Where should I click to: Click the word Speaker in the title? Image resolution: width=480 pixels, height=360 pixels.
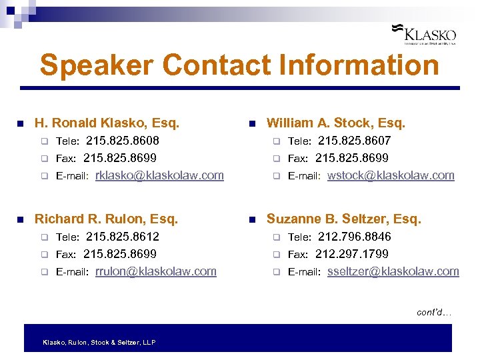click(x=96, y=66)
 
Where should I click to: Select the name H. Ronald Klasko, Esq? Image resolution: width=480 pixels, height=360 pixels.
click(x=107, y=123)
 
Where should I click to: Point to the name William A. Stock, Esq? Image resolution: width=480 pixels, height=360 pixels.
click(x=335, y=123)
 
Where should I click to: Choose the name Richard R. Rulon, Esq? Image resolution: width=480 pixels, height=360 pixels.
click(x=106, y=219)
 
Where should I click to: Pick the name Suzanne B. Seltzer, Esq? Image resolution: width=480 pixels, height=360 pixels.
click(x=343, y=219)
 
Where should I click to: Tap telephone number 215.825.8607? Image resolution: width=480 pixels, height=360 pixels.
click(x=354, y=141)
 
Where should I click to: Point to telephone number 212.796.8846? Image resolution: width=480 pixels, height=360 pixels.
click(x=354, y=237)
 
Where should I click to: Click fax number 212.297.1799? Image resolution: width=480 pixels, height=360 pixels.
click(x=351, y=254)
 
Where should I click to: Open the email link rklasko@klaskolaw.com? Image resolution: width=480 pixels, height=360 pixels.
click(x=159, y=176)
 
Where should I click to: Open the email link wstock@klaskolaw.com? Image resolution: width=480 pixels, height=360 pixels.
click(x=391, y=176)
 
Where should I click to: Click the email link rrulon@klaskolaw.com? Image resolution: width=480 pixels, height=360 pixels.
click(x=156, y=271)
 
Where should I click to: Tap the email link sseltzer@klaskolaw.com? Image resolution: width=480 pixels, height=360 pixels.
click(x=393, y=271)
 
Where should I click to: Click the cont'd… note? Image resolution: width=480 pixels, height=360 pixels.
click(x=434, y=312)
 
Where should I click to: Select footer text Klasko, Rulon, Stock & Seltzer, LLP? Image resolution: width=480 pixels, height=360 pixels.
click(x=99, y=342)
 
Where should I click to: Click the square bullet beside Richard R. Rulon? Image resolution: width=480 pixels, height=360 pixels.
click(x=21, y=219)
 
